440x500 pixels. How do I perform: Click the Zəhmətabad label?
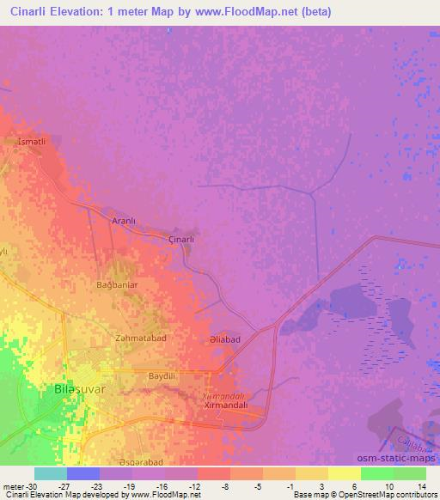[x=140, y=338]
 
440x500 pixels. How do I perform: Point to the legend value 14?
[x=421, y=486]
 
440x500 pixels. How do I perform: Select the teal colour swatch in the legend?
[x=51, y=473]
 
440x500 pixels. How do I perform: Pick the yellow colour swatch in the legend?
[x=312, y=473]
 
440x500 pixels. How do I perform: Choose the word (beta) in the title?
[x=317, y=12]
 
